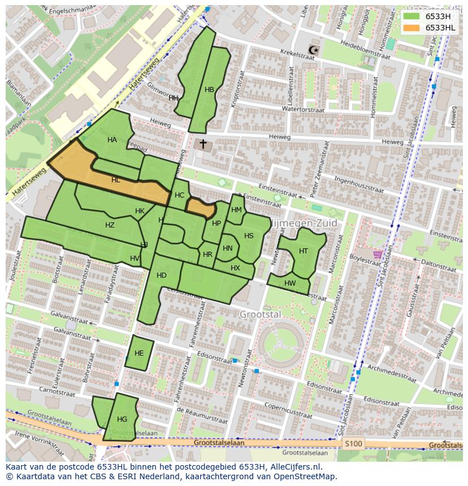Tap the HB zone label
click(209, 90)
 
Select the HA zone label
click(112, 140)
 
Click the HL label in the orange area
click(116, 180)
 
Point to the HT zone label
click(304, 251)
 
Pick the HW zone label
click(290, 283)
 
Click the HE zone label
click(139, 353)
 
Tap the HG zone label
click(122, 419)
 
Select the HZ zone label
click(110, 225)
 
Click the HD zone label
click(162, 275)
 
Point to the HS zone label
click(249, 236)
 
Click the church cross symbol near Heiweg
click(203, 145)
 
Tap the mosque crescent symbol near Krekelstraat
click(314, 51)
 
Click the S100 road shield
click(353, 444)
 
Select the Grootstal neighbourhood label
click(260, 314)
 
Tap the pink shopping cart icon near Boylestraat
click(377, 255)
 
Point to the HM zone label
click(236, 210)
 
